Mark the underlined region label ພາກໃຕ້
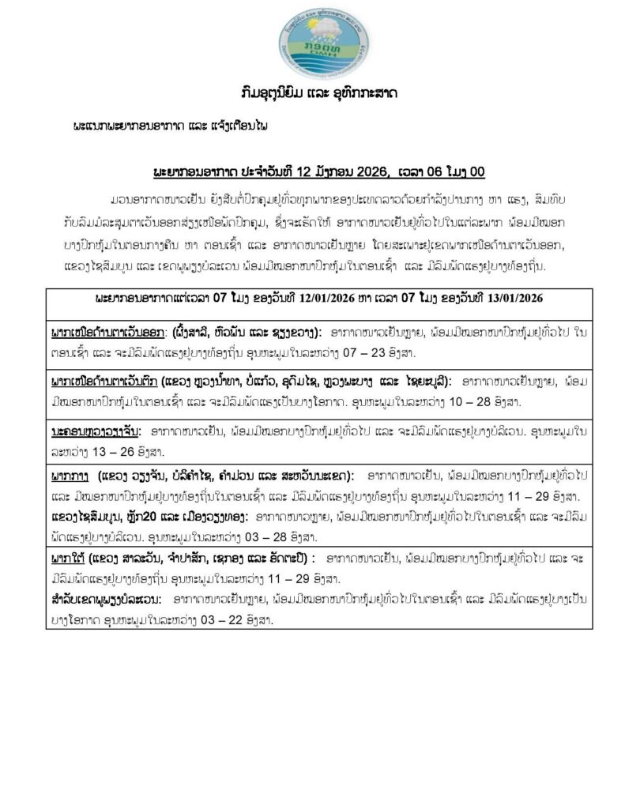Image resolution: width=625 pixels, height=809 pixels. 66,559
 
